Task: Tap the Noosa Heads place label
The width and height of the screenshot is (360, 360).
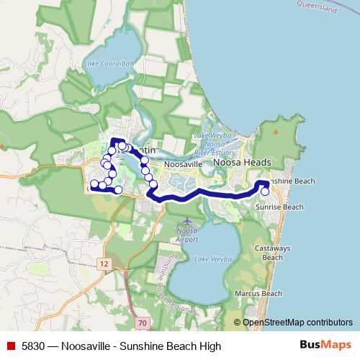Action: (x=242, y=163)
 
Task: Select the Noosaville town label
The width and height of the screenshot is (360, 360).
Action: (x=182, y=165)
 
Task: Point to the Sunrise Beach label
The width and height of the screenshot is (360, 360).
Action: (x=279, y=207)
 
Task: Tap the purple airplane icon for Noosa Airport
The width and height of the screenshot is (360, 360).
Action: (x=187, y=220)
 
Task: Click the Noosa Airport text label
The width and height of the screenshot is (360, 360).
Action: (x=187, y=234)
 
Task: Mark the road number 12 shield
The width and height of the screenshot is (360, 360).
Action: (x=105, y=265)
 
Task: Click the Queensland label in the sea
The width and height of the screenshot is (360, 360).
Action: (x=318, y=6)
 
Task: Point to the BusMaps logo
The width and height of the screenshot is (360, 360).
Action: (x=325, y=346)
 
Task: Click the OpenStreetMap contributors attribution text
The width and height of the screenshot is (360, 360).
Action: (x=297, y=323)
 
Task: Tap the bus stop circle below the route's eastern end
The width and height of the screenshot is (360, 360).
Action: (x=265, y=192)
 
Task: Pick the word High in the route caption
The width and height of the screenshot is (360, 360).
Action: (x=210, y=346)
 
